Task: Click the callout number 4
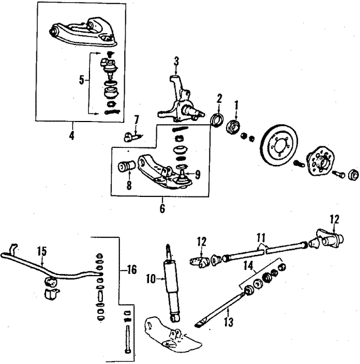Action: pyautogui.click(x=71, y=134)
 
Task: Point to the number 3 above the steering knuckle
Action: pyautogui.click(x=176, y=61)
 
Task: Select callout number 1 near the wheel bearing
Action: pyautogui.click(x=237, y=104)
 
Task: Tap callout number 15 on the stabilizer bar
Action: pyautogui.click(x=40, y=251)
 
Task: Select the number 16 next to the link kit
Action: pyautogui.click(x=132, y=271)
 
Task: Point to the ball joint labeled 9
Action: pyautogui.click(x=182, y=179)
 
